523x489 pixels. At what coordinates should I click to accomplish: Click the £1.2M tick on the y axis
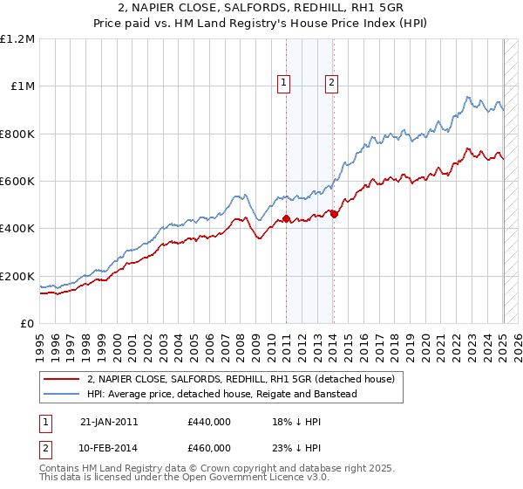pyautogui.click(x=17, y=38)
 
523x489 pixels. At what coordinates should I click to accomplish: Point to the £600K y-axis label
pyautogui.click(x=17, y=181)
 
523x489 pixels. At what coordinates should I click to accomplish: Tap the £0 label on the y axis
pyautogui.click(x=28, y=323)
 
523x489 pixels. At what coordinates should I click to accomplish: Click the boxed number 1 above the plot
pyautogui.click(x=284, y=84)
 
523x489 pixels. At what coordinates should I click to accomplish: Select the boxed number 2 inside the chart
pyautogui.click(x=332, y=84)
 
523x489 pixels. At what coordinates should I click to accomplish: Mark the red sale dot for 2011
pyautogui.click(x=287, y=218)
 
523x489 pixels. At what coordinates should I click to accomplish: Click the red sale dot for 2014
pyautogui.click(x=334, y=213)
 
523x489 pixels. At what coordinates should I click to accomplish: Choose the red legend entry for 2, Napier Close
pyautogui.click(x=241, y=379)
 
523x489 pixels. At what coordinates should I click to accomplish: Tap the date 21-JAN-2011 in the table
pyautogui.click(x=109, y=422)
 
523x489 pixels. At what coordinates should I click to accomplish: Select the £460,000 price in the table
pyautogui.click(x=209, y=447)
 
